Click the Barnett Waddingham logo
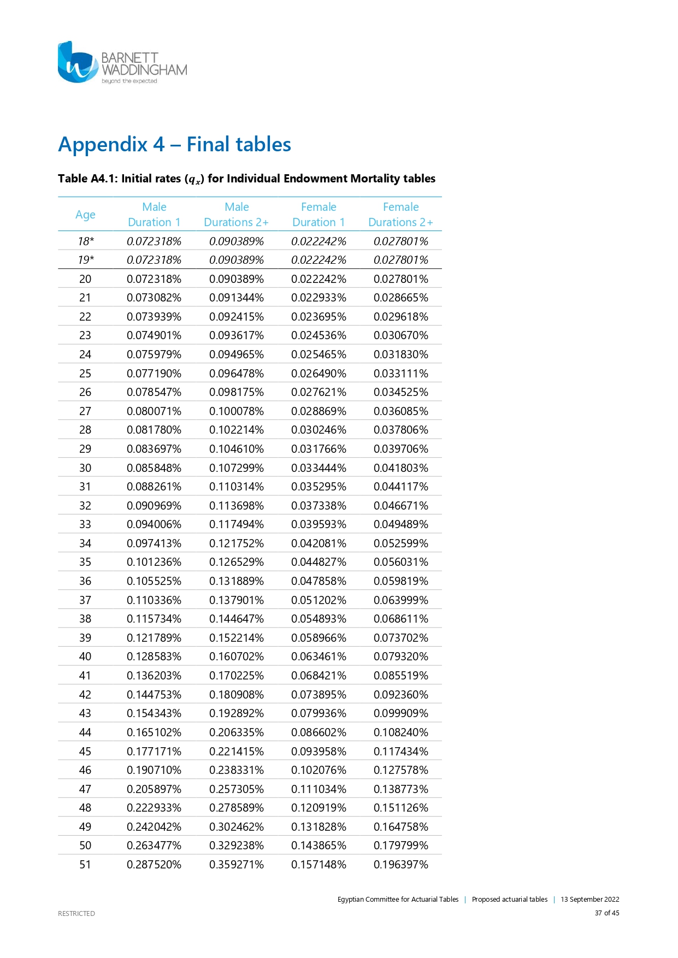tap(122, 63)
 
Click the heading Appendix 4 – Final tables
tap(174, 145)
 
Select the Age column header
tap(85, 215)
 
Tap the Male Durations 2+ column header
tap(237, 215)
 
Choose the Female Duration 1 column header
tap(319, 215)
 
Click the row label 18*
tap(86, 241)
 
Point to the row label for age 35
tap(85, 562)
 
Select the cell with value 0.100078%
tap(237, 411)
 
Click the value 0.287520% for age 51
tap(154, 865)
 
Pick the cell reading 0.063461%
tap(319, 657)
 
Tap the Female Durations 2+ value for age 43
tap(401, 713)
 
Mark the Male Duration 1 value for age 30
tap(154, 468)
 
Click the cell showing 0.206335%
tap(237, 732)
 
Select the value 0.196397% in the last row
tap(401, 865)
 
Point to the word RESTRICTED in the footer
tap(76, 913)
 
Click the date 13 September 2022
tap(589, 900)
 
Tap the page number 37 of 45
tap(607, 913)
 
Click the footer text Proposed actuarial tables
tap(509, 900)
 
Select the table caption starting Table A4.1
tap(246, 179)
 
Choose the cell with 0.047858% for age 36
tap(319, 581)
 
